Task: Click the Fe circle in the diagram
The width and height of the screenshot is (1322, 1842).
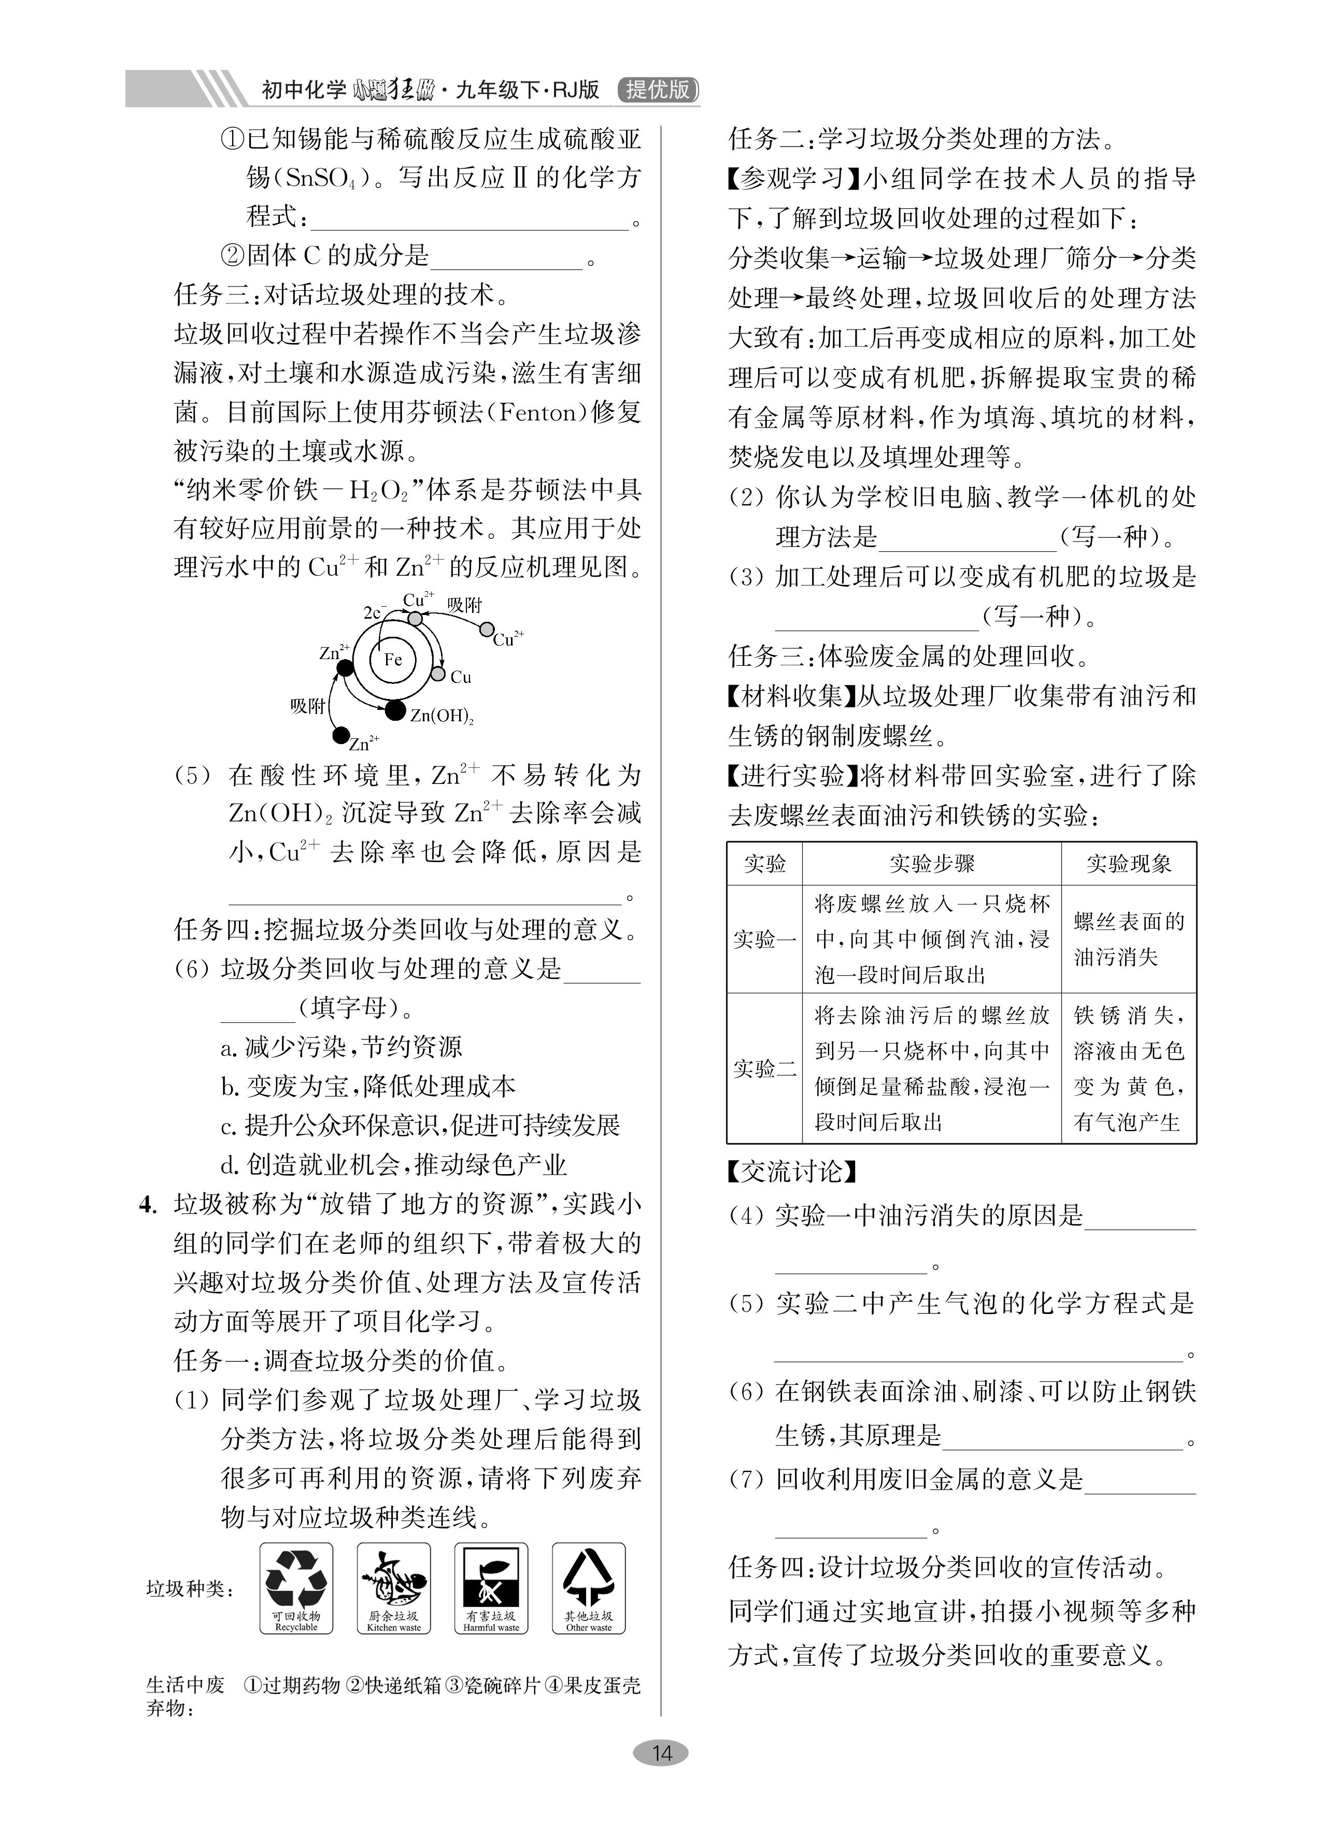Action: click(x=392, y=659)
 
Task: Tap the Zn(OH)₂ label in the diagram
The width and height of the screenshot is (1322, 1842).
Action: click(x=441, y=716)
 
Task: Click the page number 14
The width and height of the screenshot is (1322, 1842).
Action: click(x=661, y=1753)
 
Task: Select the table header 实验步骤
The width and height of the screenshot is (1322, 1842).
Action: click(x=931, y=863)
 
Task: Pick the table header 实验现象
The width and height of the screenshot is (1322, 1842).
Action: click(x=1129, y=863)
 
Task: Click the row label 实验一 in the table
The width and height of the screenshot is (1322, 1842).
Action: click(x=764, y=939)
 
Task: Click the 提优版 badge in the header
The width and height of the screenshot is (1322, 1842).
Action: click(x=658, y=89)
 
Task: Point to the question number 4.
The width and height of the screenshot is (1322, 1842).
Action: click(x=147, y=1205)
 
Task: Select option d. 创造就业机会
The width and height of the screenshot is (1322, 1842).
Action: click(x=393, y=1165)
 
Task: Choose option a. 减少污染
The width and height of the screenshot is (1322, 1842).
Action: click(x=342, y=1047)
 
